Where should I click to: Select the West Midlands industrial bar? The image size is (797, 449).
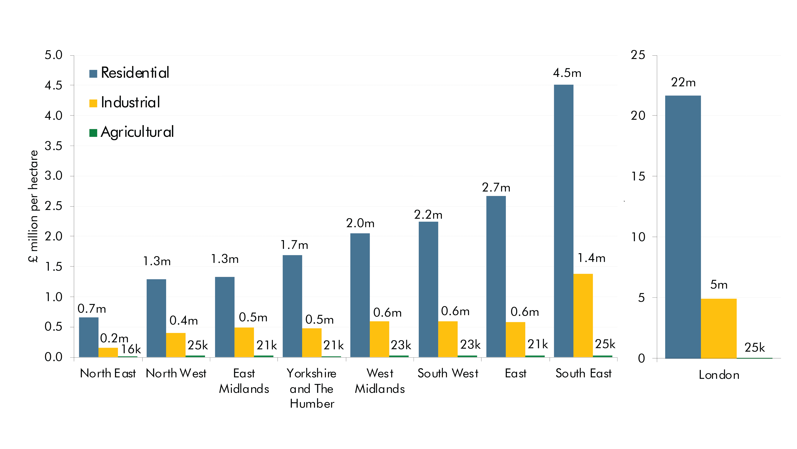pyautogui.click(x=379, y=339)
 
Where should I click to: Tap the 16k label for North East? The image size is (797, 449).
pyautogui.click(x=131, y=349)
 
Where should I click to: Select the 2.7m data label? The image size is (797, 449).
pyautogui.click(x=496, y=188)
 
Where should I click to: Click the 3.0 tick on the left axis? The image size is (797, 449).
pyautogui.click(x=54, y=176)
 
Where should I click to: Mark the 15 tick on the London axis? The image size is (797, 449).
pyautogui.click(x=638, y=177)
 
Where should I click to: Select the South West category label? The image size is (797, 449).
pyautogui.click(x=448, y=373)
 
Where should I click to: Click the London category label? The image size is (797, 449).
pyautogui.click(x=719, y=375)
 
